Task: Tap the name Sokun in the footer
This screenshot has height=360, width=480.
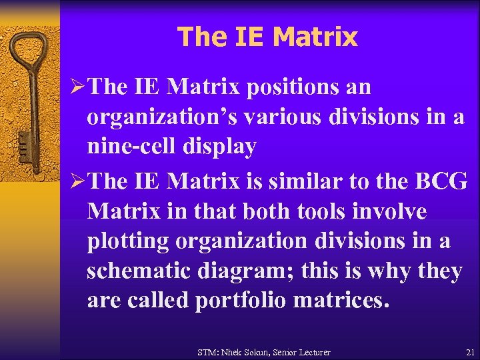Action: pyautogui.click(x=267, y=352)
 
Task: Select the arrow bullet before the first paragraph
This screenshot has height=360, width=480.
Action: pyautogui.click(x=75, y=87)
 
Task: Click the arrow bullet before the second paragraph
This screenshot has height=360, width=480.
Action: pyautogui.click(x=75, y=180)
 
